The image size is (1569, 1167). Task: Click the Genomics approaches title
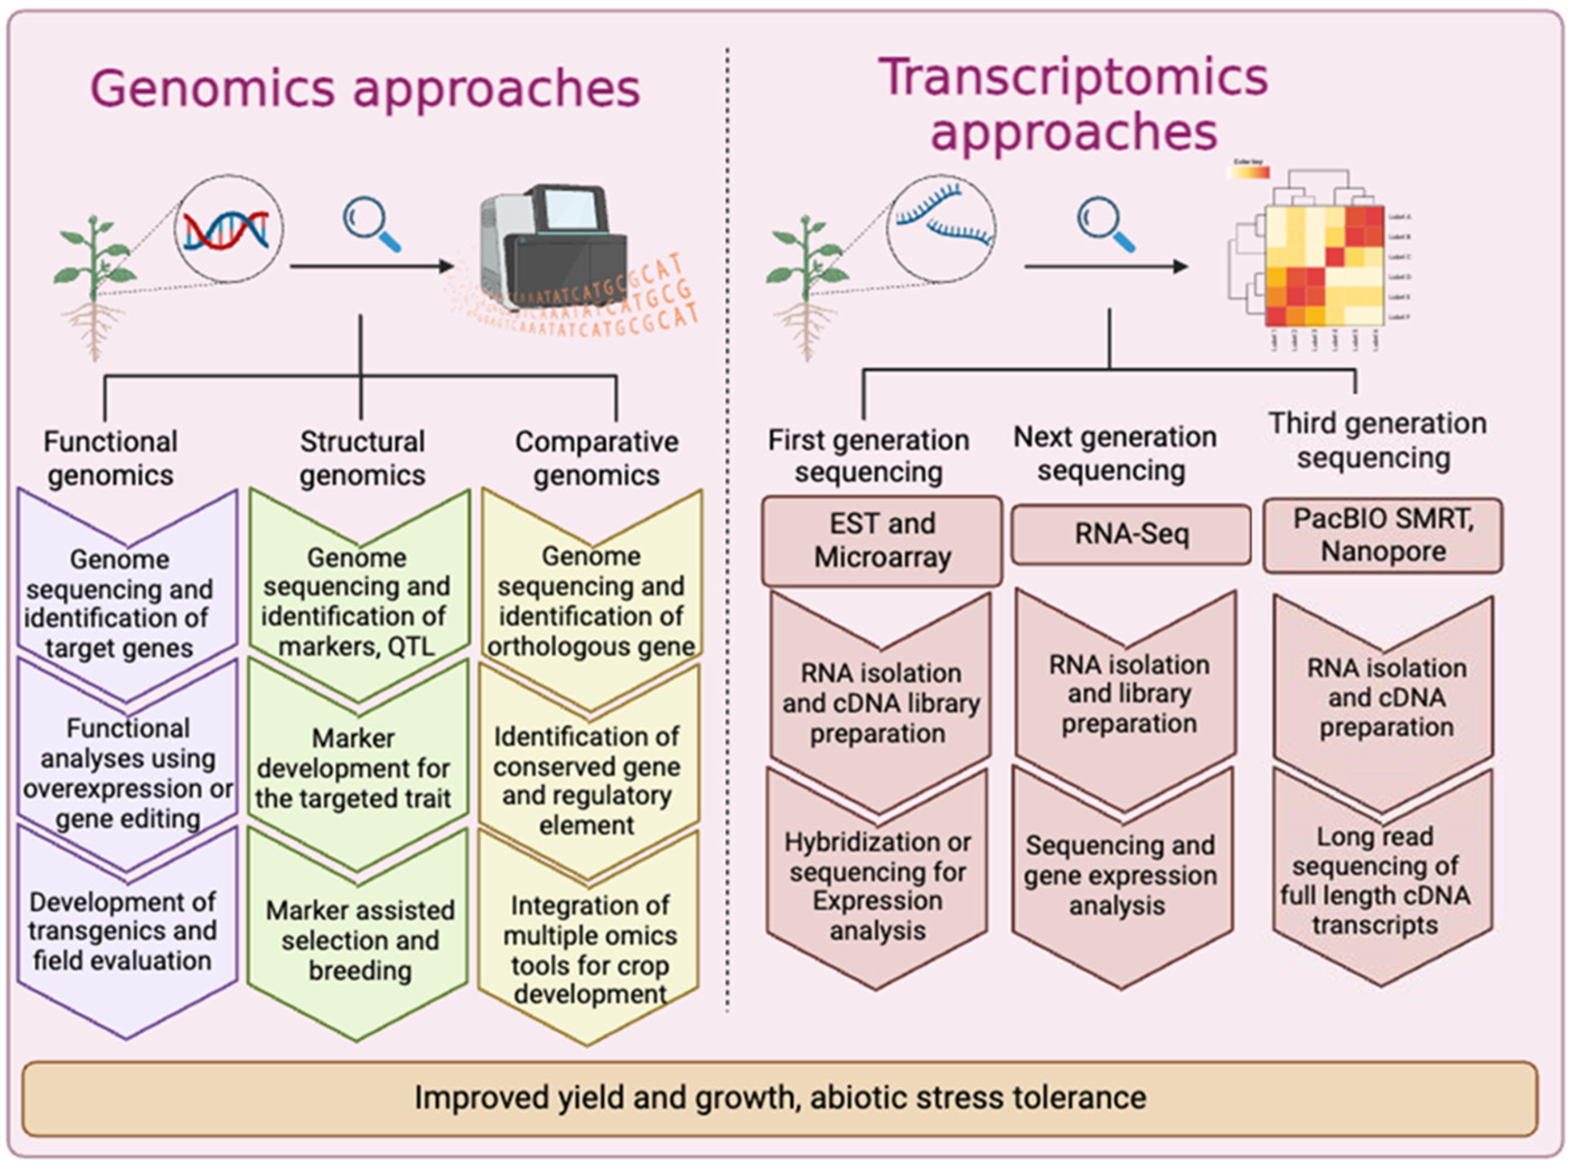coord(364,89)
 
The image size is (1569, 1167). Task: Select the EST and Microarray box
coord(882,541)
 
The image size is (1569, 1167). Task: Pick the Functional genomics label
coord(110,458)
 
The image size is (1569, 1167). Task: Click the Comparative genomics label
coord(596,458)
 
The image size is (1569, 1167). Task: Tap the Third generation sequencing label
coord(1377,440)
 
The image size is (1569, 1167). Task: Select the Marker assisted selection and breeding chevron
coord(359,940)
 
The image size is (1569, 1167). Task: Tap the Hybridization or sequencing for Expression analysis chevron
coord(877,886)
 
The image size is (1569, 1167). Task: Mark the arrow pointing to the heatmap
coord(1105,266)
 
